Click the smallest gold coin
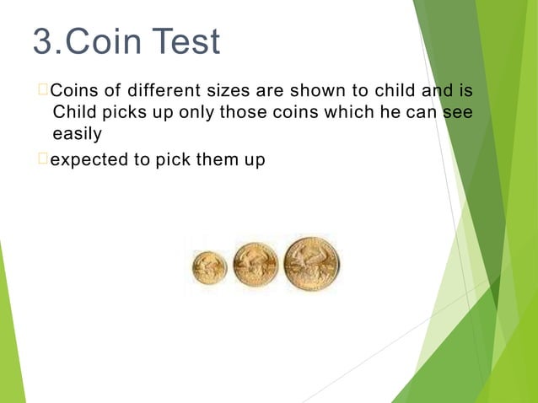209,267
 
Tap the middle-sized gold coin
255,265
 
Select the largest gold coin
311,264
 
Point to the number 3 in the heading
42,41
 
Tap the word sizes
225,90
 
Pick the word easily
77,134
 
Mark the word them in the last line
219,159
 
